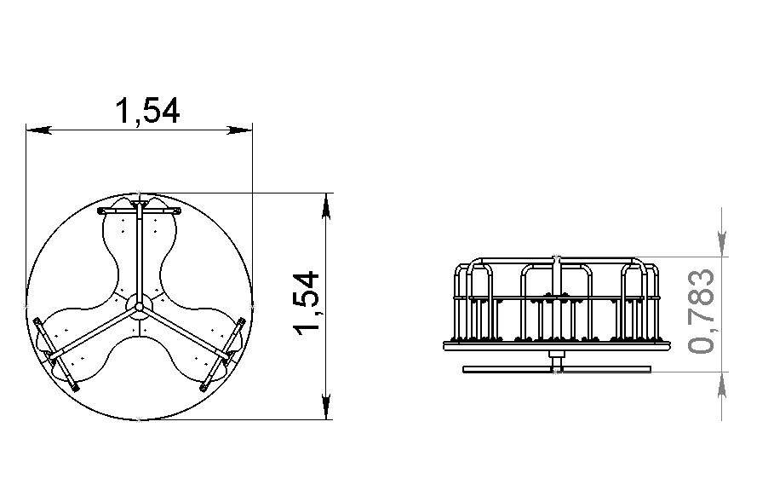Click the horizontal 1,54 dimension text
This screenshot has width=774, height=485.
pos(146,111)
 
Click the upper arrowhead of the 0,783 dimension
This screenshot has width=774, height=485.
pos(723,246)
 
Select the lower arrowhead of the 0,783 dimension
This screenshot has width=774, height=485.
pos(723,382)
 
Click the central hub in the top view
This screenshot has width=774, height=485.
pos(139,306)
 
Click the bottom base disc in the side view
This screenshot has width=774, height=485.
pos(556,370)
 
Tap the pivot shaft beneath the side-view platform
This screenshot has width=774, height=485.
pos(556,357)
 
